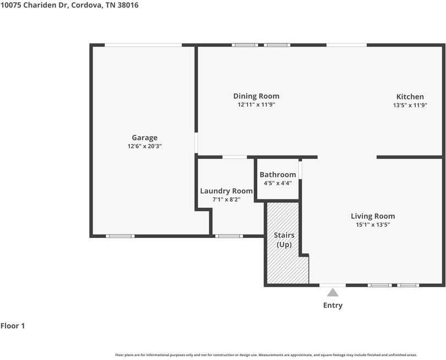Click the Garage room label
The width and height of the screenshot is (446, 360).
(145, 138)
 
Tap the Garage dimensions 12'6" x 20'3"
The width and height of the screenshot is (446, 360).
(145, 146)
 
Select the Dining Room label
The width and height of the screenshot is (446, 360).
(256, 96)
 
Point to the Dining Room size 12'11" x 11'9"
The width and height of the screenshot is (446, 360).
(256, 104)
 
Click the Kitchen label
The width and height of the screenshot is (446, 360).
(410, 96)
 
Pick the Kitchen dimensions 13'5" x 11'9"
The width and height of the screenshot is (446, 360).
(410, 105)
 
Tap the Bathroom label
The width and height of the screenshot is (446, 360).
(278, 175)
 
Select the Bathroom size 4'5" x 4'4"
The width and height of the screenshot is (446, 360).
(278, 183)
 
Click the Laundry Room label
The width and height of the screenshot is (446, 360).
(226, 191)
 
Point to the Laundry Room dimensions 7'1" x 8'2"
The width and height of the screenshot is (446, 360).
(226, 200)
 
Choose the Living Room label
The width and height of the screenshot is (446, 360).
(373, 216)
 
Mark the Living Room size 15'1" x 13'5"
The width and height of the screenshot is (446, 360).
(373, 225)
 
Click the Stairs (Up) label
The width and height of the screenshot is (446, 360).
(284, 240)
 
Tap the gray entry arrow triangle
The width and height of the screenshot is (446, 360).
(333, 292)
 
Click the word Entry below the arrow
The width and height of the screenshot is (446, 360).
(333, 306)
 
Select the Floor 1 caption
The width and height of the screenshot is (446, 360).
(13, 326)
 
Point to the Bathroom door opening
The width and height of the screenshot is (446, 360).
(300, 170)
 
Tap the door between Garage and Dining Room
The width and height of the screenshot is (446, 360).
(196, 142)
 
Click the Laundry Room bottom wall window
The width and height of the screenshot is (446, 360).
(229, 236)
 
